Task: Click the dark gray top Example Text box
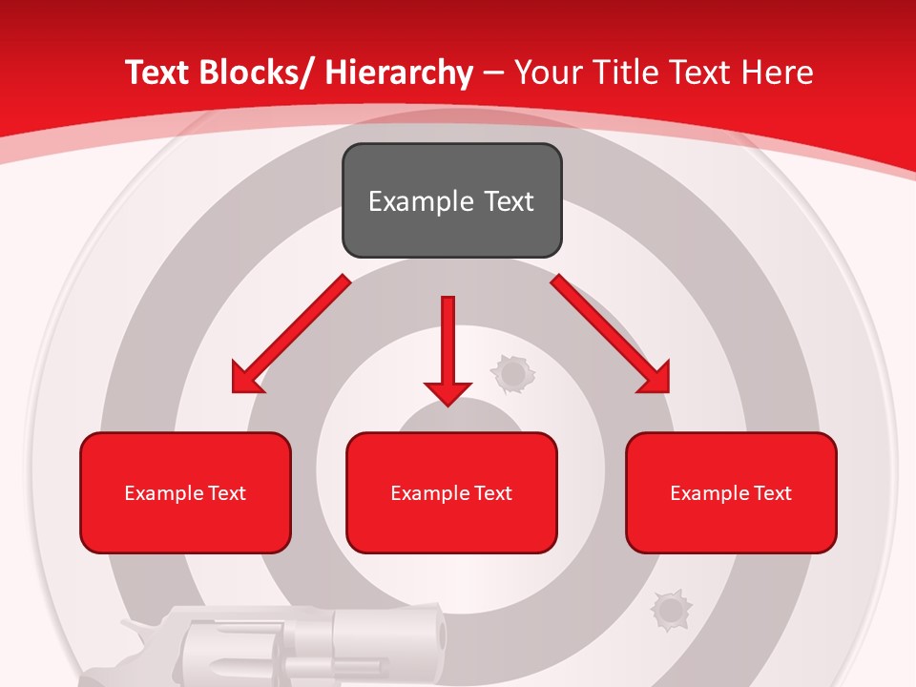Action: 451,200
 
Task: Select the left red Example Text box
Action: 185,492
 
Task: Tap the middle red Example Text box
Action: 451,492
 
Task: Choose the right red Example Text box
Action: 731,492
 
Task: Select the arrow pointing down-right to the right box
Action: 611,334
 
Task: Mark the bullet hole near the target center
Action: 512,374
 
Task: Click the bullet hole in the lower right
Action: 670,609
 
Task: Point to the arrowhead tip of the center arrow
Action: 448,405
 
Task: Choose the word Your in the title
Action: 549,73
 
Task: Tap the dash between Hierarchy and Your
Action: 493,73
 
